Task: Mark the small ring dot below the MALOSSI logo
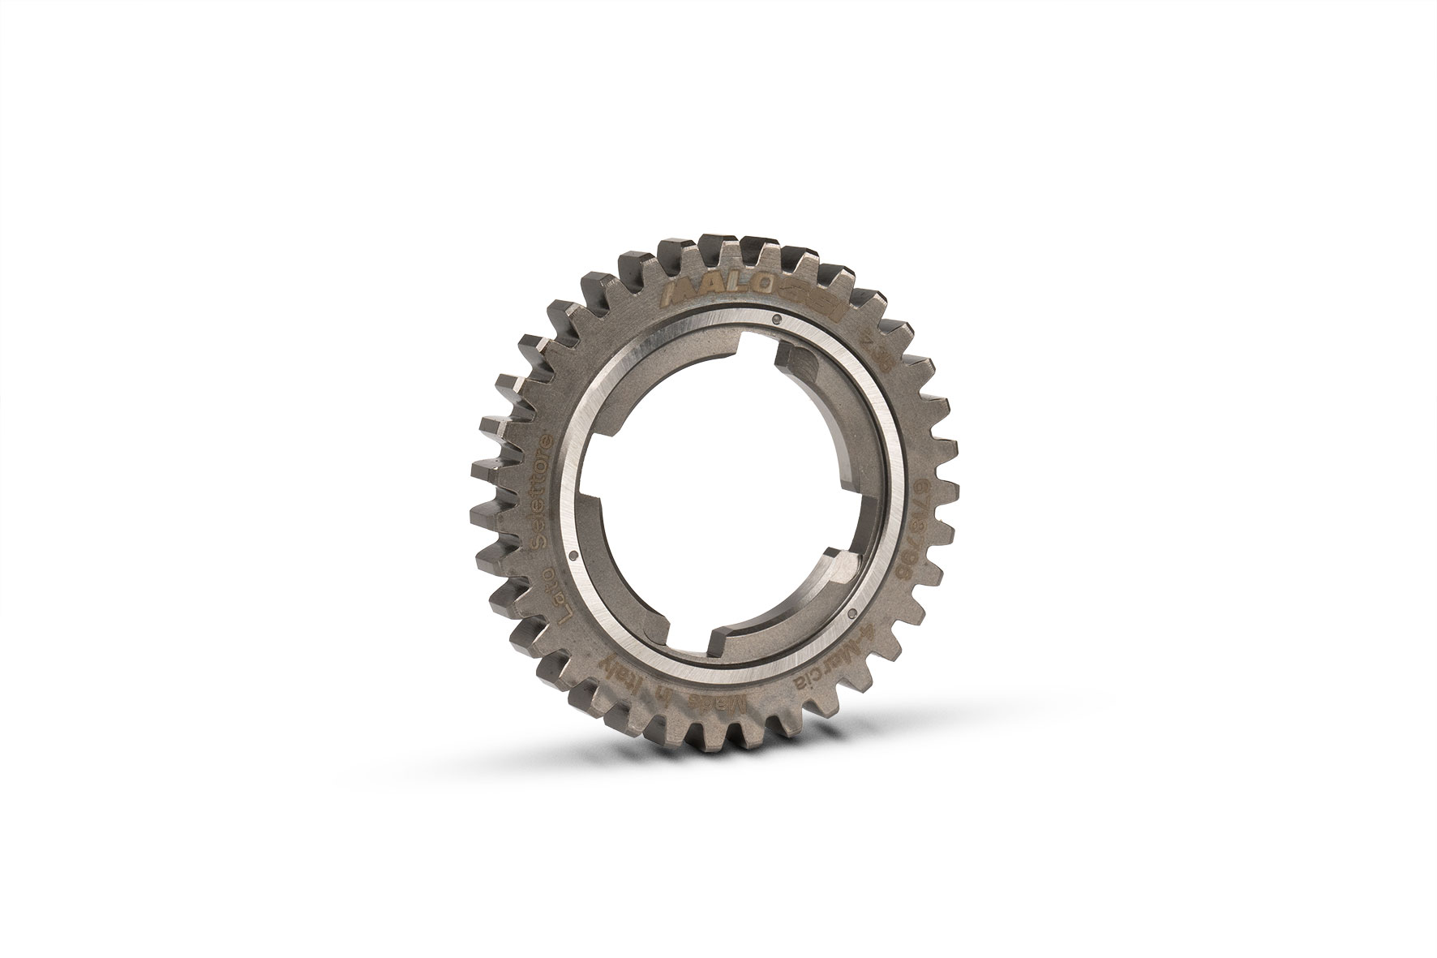[x=777, y=318]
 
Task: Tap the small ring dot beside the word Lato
[x=573, y=556]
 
